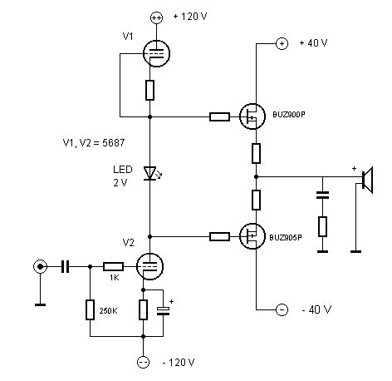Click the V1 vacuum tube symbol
(x=156, y=54)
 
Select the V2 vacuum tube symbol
(x=149, y=266)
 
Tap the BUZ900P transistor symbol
(x=252, y=116)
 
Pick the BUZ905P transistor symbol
(x=252, y=236)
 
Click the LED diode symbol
(x=150, y=173)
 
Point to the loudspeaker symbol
(x=368, y=180)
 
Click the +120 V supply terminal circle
(x=156, y=17)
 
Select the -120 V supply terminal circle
(x=143, y=362)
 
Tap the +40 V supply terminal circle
(x=282, y=43)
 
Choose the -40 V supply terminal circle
(x=282, y=309)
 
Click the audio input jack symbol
(x=40, y=267)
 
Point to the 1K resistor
(x=113, y=267)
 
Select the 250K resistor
(x=90, y=309)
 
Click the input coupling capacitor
(x=66, y=267)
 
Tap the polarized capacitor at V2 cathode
(x=163, y=311)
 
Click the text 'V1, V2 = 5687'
(x=94, y=143)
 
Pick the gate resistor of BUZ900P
(x=219, y=116)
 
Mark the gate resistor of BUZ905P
(x=219, y=236)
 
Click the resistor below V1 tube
(x=149, y=90)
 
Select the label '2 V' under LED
(x=120, y=183)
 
